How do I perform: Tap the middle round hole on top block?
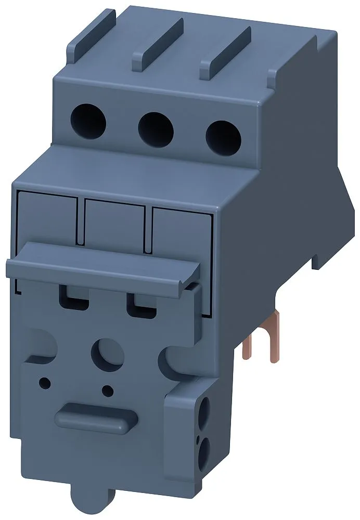155,128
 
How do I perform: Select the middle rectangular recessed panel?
114,225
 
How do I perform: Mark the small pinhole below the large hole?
107,390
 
